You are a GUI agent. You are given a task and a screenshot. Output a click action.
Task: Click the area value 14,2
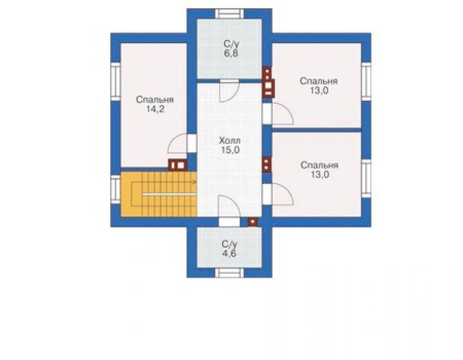155,110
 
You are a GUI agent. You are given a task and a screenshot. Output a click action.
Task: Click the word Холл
230,140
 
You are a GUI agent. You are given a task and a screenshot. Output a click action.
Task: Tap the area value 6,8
232,53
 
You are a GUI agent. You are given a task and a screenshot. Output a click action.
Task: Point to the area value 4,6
230,254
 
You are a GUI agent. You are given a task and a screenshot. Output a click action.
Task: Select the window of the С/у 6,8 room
230,14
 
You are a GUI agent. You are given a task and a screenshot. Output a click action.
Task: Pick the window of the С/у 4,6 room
230,272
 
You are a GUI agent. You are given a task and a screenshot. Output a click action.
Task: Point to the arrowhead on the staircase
195,182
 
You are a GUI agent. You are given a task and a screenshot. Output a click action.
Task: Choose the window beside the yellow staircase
116,189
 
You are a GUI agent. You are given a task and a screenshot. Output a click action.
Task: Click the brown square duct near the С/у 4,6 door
253,222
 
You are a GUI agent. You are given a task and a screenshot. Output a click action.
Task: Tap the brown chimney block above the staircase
178,165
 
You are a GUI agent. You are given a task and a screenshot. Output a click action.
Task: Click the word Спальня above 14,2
155,100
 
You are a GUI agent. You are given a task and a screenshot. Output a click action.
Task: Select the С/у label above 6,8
232,44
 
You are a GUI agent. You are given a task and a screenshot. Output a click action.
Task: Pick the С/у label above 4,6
230,244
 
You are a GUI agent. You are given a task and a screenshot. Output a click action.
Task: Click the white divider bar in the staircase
170,194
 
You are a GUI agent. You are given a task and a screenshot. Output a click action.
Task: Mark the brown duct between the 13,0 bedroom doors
267,164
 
